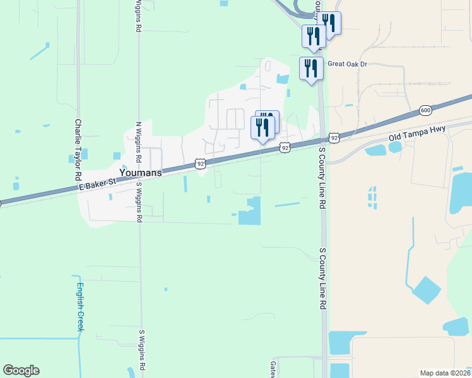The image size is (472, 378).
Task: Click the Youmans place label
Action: coord(140,172)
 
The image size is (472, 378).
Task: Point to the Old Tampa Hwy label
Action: coord(416,132)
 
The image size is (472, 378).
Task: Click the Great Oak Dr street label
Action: coord(346,64)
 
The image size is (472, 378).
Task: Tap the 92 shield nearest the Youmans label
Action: coord(200,163)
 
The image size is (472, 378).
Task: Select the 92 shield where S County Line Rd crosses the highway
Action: coord(334,137)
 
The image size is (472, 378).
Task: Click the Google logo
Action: coord(21,370)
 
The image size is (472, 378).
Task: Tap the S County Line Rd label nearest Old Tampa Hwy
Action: coord(322,178)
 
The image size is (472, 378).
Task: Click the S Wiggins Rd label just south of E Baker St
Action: coord(139,202)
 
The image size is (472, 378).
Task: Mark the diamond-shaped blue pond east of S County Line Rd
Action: coord(427,289)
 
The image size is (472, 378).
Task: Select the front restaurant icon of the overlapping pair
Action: coord(263,128)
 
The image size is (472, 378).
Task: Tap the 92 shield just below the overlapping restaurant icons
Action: coord(285,147)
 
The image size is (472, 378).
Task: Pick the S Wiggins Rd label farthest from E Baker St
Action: coord(142,349)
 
